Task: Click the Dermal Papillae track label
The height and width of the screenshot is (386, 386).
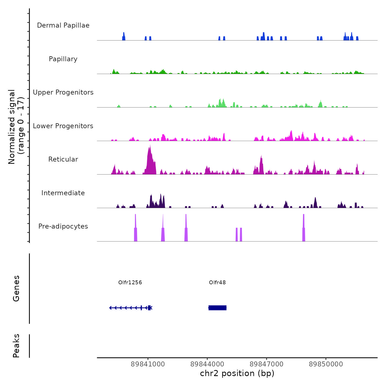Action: pyautogui.click(x=63, y=25)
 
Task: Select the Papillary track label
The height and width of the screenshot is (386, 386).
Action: pyautogui.click(x=63, y=59)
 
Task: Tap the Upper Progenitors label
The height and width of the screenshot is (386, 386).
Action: pyautogui.click(x=63, y=92)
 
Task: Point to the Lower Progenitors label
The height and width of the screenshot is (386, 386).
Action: pyautogui.click(x=63, y=126)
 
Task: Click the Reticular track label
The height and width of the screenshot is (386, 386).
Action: pyautogui.click(x=63, y=159)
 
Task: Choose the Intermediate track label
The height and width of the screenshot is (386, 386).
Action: pyautogui.click(x=63, y=193)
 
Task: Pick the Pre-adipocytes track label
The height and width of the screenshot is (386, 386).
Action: pyautogui.click(x=63, y=226)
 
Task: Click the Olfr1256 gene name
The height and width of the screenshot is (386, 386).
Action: pyautogui.click(x=130, y=282)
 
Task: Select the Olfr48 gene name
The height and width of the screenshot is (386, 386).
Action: pyautogui.click(x=217, y=282)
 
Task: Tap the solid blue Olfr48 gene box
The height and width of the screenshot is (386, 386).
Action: pyautogui.click(x=218, y=308)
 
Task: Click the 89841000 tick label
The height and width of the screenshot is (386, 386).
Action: pyautogui.click(x=148, y=364)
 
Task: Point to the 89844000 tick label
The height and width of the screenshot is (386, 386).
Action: pyautogui.click(x=207, y=364)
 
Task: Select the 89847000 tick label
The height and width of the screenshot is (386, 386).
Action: pyautogui.click(x=267, y=364)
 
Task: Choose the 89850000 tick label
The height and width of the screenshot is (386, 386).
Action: pyautogui.click(x=326, y=364)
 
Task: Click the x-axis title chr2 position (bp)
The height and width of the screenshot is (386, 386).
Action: pyautogui.click(x=237, y=373)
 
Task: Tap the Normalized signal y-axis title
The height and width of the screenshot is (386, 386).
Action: pyautogui.click(x=16, y=127)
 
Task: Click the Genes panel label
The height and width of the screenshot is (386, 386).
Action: pyautogui.click(x=16, y=288)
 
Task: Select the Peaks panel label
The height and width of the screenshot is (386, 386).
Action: pyautogui.click(x=16, y=346)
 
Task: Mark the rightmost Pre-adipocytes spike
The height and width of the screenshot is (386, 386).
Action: pyautogui.click(x=304, y=229)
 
